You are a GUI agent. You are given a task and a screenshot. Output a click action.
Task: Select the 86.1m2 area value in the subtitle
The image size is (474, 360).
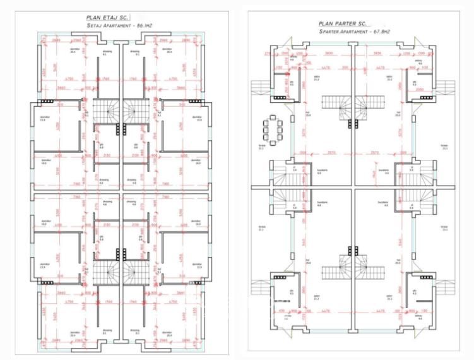click(x=143, y=26)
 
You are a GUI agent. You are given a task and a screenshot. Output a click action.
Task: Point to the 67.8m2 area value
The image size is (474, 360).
click(x=372, y=30)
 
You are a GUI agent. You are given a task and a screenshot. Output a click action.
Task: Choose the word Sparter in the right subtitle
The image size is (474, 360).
click(x=330, y=30)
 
